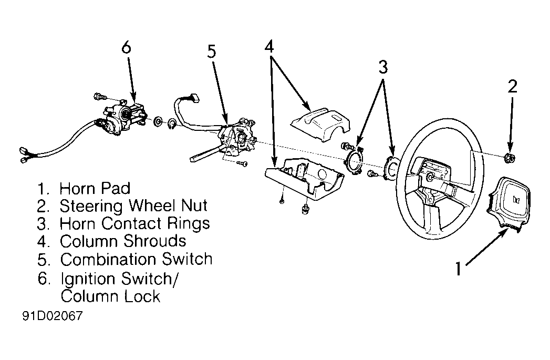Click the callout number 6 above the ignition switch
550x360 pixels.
pos(126,47)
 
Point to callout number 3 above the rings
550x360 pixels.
pos(383,67)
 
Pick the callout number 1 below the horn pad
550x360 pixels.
pos(458,269)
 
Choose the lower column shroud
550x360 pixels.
pos(305,181)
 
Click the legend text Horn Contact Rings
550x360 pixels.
pos(134,223)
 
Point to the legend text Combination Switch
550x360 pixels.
pos(136,259)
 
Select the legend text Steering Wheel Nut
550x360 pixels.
pos(133,205)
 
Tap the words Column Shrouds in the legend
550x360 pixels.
pos(123,241)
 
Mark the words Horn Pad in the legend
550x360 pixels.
pos(95,188)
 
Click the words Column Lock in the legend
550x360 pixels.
pos(110,296)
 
